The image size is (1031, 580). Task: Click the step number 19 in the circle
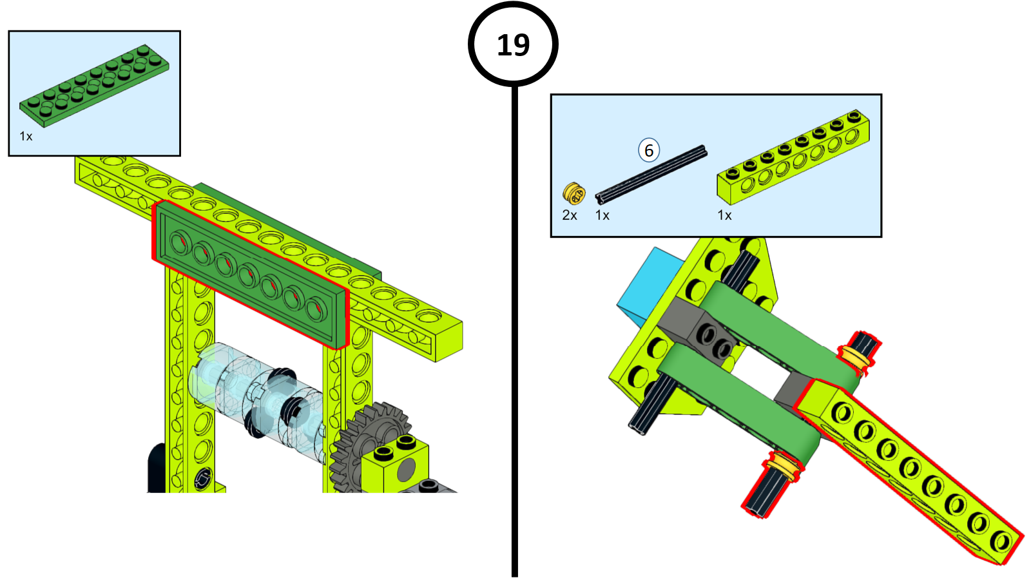[513, 45]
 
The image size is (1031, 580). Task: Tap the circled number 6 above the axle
[649, 150]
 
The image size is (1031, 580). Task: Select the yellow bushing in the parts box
[574, 193]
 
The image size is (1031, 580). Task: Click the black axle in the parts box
[651, 175]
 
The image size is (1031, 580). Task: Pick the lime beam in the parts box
[793, 157]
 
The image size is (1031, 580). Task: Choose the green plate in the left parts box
[94, 86]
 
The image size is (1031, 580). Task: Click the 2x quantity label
[570, 215]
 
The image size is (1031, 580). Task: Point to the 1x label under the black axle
[602, 215]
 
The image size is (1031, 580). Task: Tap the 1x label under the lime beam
[724, 215]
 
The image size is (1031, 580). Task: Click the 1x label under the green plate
[26, 136]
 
